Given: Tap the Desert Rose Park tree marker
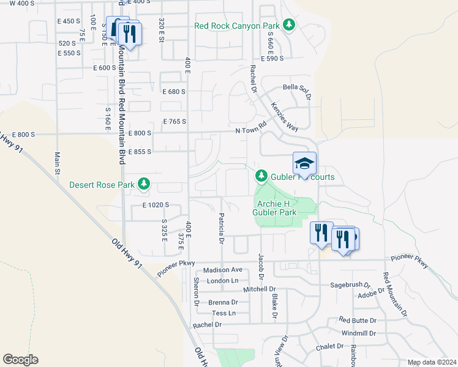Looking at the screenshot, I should coord(144,183).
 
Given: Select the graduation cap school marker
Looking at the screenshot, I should coord(304,163).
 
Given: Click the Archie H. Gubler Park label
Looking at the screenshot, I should coord(274,208).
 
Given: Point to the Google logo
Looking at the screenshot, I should coord(20,359).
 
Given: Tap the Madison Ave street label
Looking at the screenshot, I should coord(223,270).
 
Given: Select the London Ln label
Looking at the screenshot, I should coord(222,281).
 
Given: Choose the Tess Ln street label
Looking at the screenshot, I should coord(223,313).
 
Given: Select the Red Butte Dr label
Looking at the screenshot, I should coord(359,321).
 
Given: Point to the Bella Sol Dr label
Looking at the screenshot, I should coord(297,87).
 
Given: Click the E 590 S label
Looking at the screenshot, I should coord(272,59).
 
